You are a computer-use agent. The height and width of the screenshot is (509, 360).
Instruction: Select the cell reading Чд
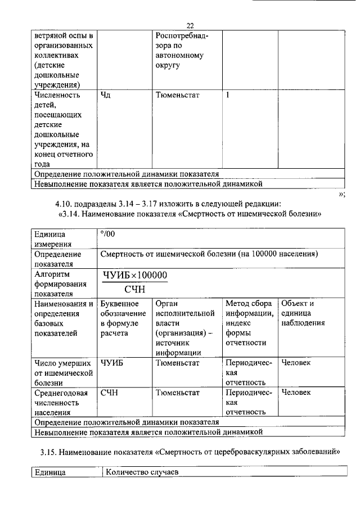point(106,94)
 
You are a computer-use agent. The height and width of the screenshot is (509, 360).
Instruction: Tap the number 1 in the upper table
point(228,94)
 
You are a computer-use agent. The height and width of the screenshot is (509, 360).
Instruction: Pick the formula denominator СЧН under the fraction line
point(135,289)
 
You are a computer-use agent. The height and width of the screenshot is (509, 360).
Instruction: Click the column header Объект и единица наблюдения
point(303,313)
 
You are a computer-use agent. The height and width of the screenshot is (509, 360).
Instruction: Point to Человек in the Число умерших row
point(296,363)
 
